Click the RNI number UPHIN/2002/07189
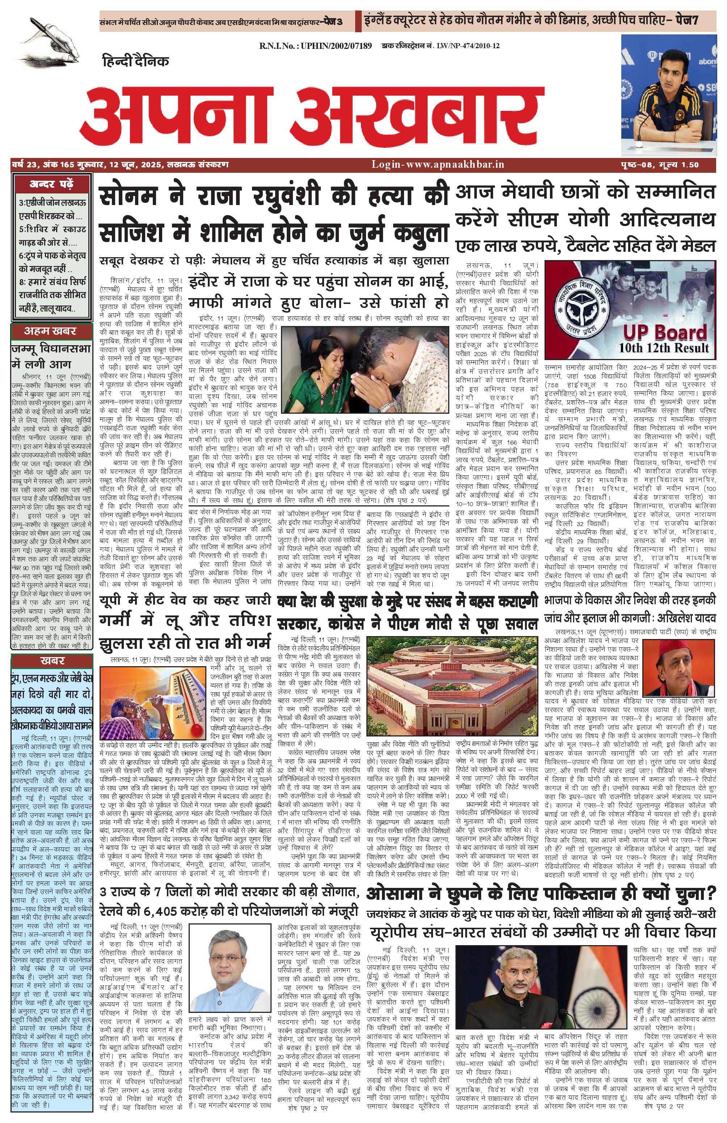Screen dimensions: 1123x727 pos(315,46)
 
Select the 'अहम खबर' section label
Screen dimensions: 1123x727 pos(52,331)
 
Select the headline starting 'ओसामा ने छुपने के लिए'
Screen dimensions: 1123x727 pos(541,893)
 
